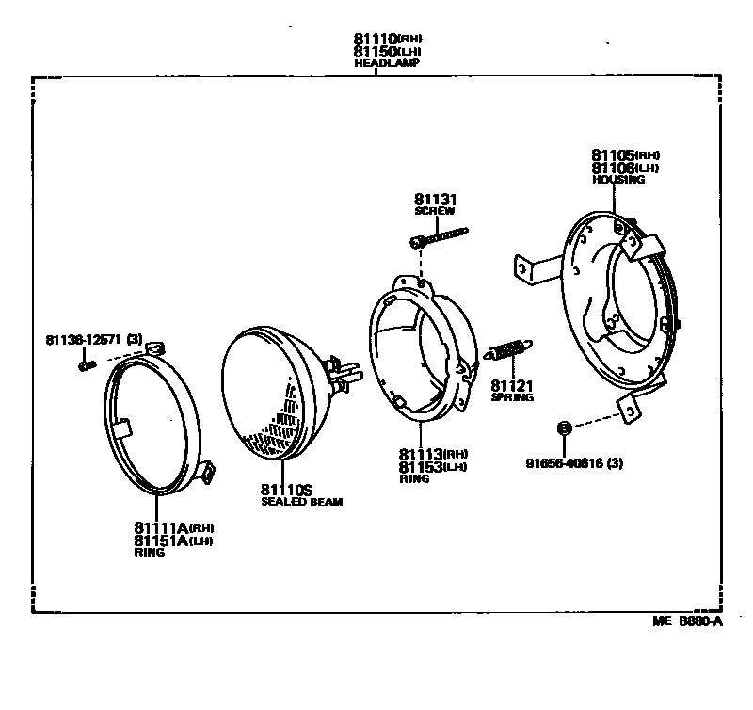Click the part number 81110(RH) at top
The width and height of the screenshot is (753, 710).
(386, 39)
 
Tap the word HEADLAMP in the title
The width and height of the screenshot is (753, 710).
(386, 63)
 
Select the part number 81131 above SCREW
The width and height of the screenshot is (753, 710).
(434, 200)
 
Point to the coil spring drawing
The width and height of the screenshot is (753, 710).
(508, 351)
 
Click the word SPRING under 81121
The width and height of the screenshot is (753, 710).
(511, 397)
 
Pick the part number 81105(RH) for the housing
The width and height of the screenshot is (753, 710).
(625, 154)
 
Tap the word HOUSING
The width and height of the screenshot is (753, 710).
(618, 179)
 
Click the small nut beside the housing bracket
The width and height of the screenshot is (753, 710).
(564, 428)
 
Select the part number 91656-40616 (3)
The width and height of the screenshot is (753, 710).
(575, 462)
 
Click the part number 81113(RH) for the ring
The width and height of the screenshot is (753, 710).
(432, 453)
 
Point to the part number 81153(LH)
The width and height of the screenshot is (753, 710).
(432, 466)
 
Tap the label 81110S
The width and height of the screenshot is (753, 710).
(287, 490)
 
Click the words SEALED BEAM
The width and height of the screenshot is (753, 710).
(301, 503)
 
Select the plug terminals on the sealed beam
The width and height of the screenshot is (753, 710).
(344, 369)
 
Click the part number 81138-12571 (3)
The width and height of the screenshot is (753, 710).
(93, 339)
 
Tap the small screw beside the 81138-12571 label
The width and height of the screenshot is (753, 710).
(85, 364)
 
